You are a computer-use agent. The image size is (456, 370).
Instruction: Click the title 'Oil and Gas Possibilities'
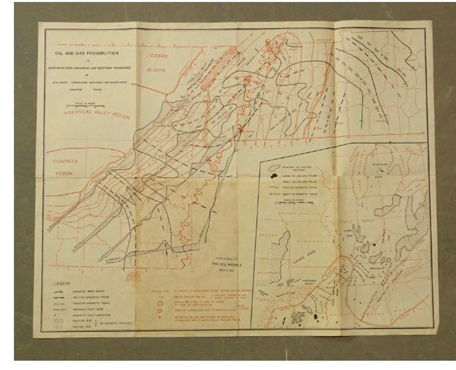(x=87, y=54)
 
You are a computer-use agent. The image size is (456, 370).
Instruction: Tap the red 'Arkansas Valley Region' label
(x=97, y=114)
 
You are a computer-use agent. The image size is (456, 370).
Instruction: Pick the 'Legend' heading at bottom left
(x=62, y=284)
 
